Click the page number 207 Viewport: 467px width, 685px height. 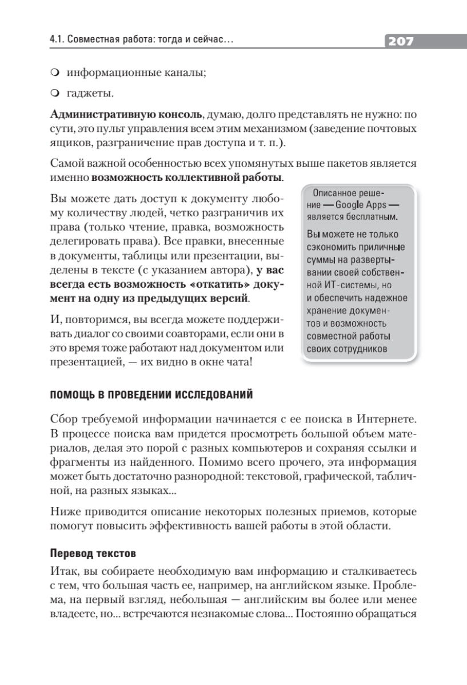click(401, 41)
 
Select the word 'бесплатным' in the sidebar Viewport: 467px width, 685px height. click(372, 217)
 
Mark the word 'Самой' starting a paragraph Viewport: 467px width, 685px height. click(66, 164)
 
